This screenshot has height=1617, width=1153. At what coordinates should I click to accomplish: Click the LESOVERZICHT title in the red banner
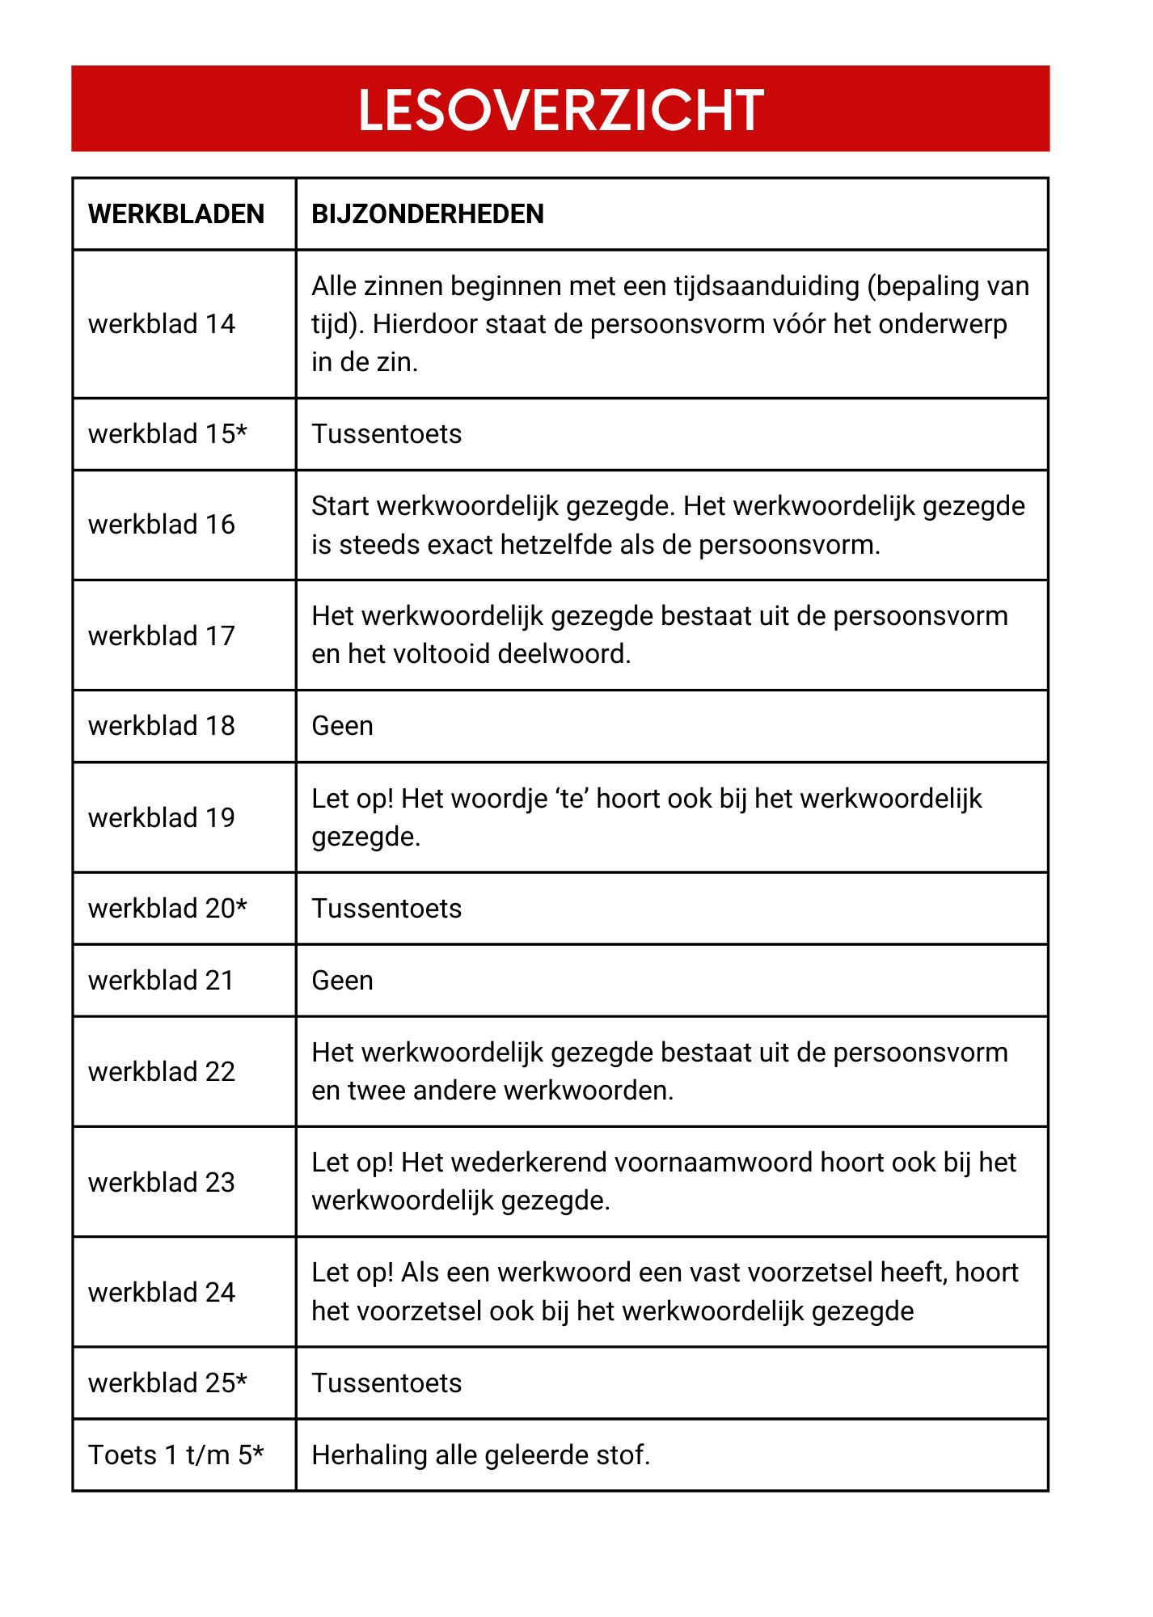tap(560, 110)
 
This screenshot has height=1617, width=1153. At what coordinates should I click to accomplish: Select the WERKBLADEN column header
tap(176, 214)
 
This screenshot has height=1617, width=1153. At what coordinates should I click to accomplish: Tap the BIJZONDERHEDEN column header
tap(427, 214)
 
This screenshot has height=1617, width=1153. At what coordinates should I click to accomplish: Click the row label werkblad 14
tap(161, 324)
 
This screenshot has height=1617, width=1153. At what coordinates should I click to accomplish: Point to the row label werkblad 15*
tap(167, 434)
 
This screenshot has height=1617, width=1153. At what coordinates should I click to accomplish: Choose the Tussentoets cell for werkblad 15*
tap(386, 434)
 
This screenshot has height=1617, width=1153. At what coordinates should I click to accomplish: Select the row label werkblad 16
tap(161, 525)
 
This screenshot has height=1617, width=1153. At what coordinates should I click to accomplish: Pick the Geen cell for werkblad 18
tap(342, 726)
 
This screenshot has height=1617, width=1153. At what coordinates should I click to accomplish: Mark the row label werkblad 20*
tap(167, 909)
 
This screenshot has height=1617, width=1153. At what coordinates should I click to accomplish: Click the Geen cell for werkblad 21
tap(342, 981)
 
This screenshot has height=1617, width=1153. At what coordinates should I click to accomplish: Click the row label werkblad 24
tap(161, 1293)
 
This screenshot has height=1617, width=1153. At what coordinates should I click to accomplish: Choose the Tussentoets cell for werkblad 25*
tap(386, 1383)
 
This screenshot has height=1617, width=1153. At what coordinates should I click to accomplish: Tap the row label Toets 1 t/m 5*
tap(175, 1455)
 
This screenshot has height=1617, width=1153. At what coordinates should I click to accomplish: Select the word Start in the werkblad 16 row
tap(340, 506)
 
